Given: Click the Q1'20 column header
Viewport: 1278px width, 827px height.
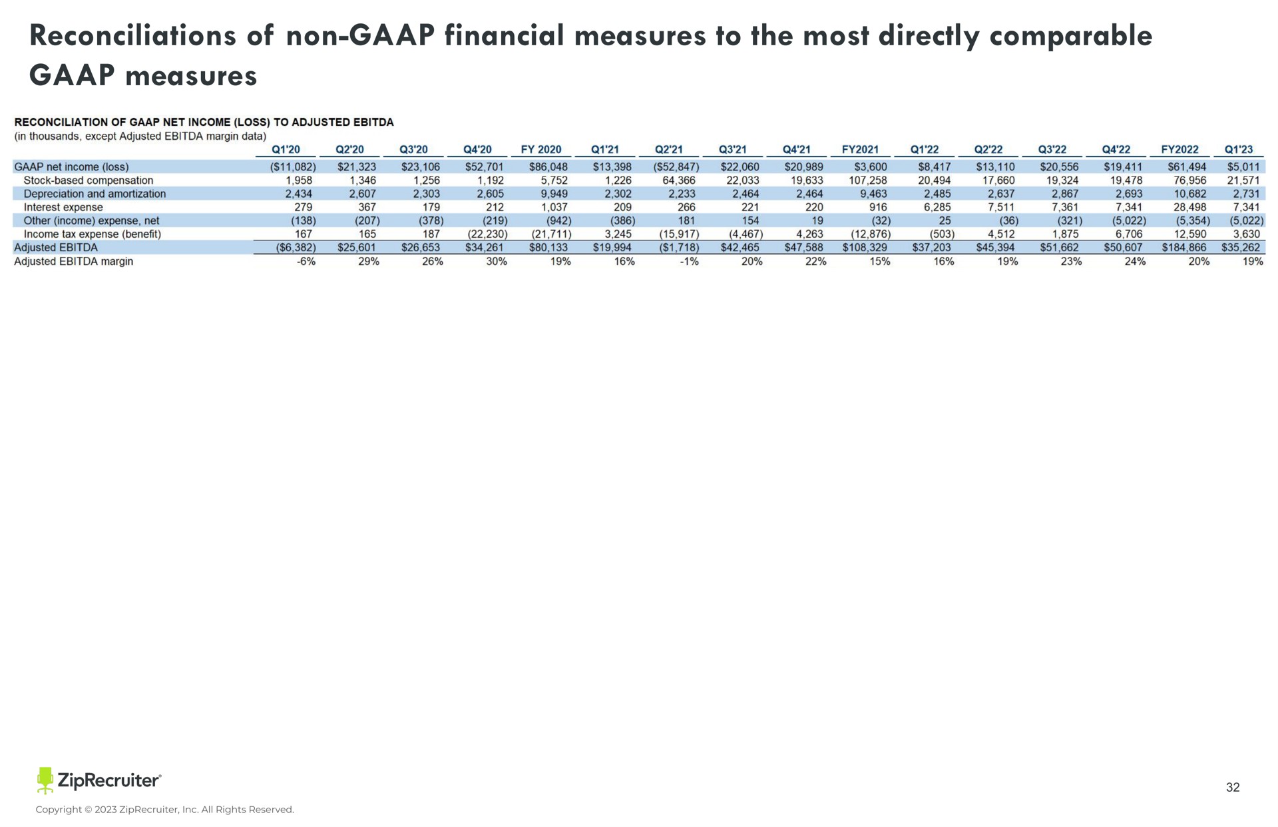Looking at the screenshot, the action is coord(286,150).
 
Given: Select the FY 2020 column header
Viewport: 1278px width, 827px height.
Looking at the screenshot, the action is coord(541,150).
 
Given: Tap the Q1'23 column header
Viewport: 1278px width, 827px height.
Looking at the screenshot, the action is coord(1239,150).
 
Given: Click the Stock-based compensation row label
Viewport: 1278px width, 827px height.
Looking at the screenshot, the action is coord(89,180).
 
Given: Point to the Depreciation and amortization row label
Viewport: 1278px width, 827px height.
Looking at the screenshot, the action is coord(95,194).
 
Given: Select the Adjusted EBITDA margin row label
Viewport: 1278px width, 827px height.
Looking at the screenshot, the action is coord(74,262).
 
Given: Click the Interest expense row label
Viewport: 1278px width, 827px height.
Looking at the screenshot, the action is coord(63,207).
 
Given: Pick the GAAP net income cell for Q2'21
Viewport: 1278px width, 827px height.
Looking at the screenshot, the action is coord(676,167).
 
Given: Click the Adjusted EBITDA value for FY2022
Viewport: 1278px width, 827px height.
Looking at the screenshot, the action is coord(1184,248).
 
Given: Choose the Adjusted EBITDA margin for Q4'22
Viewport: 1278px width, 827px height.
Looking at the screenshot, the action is coord(1133,262).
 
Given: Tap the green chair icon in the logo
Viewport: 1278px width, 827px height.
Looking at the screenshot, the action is coord(45,780).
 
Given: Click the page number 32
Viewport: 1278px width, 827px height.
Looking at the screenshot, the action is coord(1233,788).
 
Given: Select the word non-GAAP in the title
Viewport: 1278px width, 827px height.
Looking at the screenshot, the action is coord(359,36).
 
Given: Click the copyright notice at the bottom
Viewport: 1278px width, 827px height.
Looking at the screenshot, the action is coord(164,810).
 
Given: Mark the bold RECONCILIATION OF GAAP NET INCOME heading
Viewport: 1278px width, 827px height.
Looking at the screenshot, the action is coord(204,122).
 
